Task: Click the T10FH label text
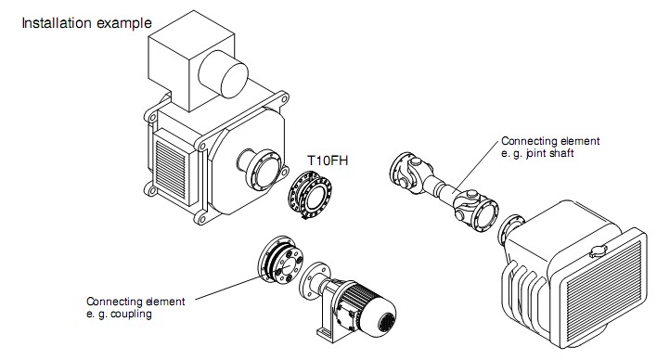click(328, 161)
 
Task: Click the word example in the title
click(124, 23)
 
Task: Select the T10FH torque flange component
click(310, 195)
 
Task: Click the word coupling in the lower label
click(131, 315)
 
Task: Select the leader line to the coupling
click(227, 288)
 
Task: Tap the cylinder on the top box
click(223, 74)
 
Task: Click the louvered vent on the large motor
click(170, 169)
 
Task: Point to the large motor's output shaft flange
click(264, 170)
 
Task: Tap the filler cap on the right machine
click(598, 251)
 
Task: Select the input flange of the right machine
click(509, 230)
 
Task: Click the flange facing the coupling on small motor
click(313, 281)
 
